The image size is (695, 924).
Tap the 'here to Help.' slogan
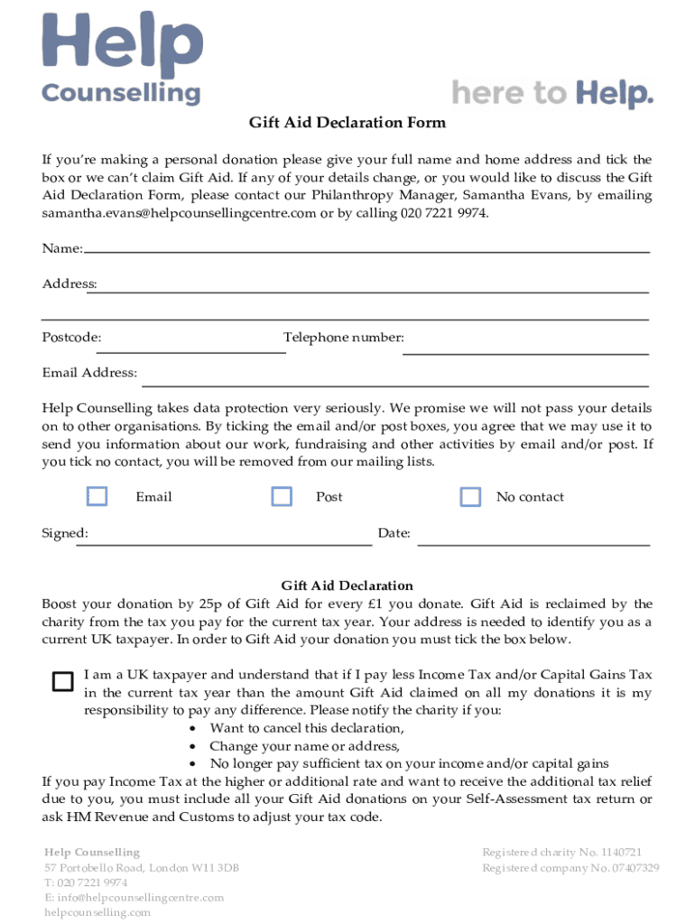(551, 93)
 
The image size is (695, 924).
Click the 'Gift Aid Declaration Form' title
(347, 122)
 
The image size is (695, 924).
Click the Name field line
(366, 250)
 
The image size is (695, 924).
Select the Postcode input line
(191, 350)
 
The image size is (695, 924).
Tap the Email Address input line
(394, 383)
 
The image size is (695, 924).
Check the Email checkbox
(97, 496)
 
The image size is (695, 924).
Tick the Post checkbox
(282, 496)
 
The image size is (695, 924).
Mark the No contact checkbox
(470, 496)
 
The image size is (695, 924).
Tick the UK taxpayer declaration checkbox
(62, 681)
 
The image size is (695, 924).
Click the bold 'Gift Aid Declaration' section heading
(347, 586)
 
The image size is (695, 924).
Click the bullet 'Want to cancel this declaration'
(307, 728)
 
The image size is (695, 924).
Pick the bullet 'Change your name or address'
(304, 746)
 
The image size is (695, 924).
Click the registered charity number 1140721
(561, 852)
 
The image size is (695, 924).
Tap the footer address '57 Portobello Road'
(141, 868)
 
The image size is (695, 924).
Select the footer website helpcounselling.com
(97, 912)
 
